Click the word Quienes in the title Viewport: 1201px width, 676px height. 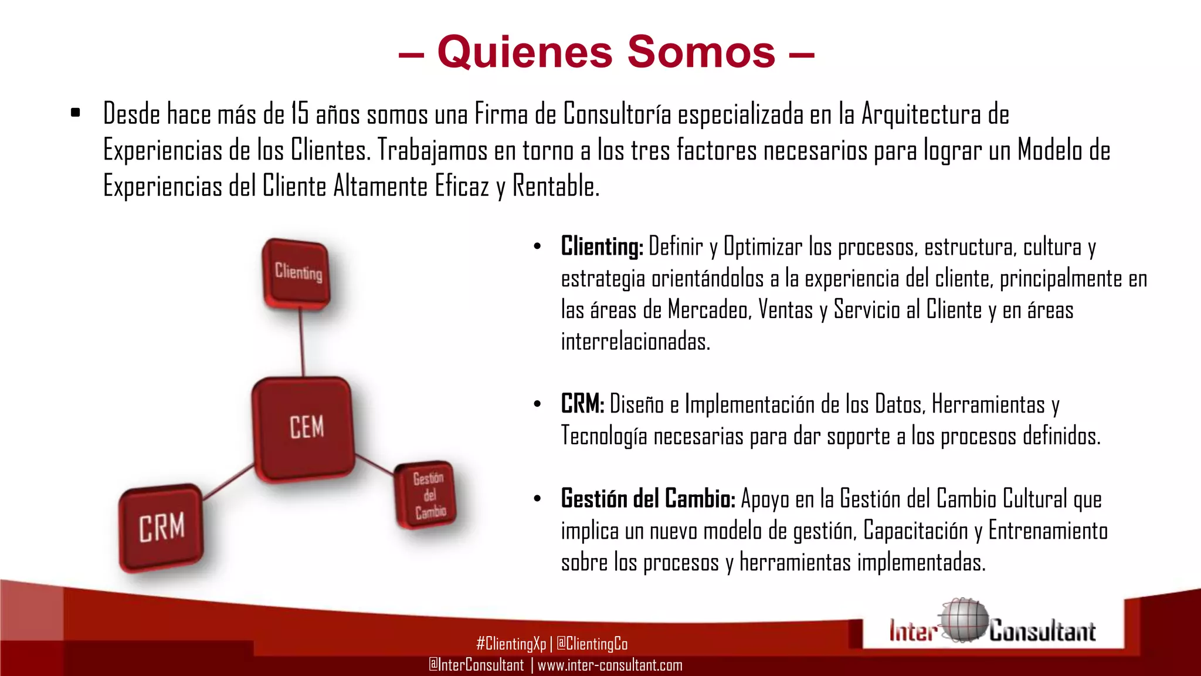(525, 52)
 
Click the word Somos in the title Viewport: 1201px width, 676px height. (701, 52)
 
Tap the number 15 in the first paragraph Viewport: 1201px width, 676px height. (300, 114)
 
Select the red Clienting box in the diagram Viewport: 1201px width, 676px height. (296, 273)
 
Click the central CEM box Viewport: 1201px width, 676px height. (304, 427)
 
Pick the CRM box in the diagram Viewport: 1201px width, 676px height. (161, 527)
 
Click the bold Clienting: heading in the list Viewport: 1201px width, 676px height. (602, 246)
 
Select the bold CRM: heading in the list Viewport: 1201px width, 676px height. (582, 404)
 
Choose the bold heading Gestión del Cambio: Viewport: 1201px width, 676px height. (648, 499)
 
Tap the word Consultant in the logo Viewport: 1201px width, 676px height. (1042, 631)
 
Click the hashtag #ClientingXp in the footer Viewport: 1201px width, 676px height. (511, 644)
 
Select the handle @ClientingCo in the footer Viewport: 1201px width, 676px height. (592, 644)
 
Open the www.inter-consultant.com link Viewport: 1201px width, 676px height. (610, 665)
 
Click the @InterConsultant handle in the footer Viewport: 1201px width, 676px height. (476, 665)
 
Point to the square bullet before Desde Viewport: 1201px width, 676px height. (75, 113)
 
